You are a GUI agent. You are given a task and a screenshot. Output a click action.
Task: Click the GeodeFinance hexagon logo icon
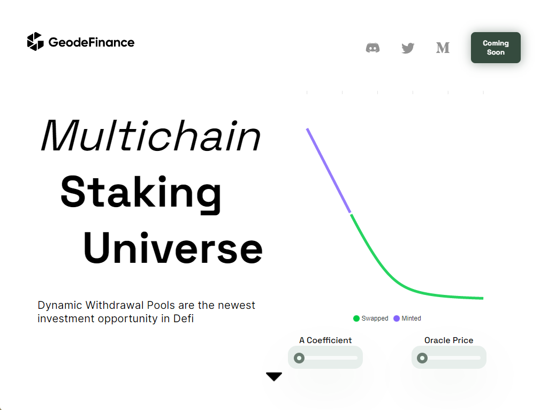pos(35,41)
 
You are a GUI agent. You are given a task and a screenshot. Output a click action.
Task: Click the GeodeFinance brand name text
pos(92,42)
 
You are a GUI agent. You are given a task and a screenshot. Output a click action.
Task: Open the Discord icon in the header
pos(372,48)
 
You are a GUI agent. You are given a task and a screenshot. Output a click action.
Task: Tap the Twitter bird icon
pos(408,48)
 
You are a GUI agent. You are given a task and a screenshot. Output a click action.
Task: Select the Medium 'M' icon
pos(443,48)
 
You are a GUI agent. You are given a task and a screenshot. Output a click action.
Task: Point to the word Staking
pos(141,192)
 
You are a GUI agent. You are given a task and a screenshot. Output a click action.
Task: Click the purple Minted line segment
pos(329,170)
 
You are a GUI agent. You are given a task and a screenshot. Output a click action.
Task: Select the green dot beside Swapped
pos(356,318)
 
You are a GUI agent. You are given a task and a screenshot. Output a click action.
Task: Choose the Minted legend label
pos(411,318)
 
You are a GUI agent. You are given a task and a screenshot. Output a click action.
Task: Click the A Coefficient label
pos(325,340)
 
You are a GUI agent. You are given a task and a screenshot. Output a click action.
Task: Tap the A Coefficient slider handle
pos(299,358)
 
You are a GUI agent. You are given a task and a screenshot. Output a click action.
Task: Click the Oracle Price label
pos(448,340)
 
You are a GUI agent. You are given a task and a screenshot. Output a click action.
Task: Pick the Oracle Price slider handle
pos(422,358)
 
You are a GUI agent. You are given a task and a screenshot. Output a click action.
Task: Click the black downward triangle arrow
pos(274,376)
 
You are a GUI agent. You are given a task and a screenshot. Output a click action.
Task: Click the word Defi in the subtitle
pos(184,318)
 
